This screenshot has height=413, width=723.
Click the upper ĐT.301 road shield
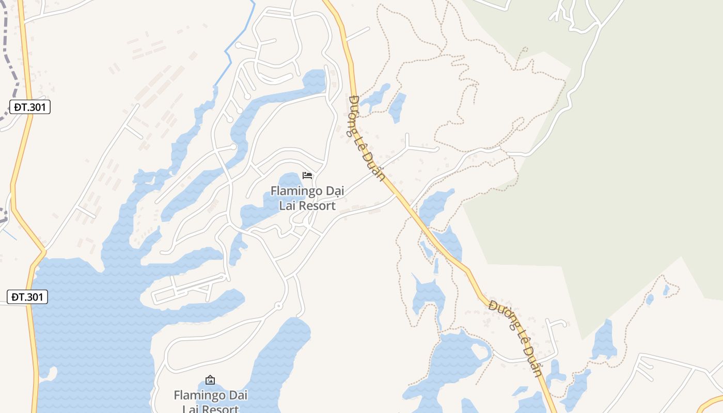pos(30,107)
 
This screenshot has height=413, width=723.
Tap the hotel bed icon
pos(308,176)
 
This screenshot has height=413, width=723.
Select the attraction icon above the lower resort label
pos(210,380)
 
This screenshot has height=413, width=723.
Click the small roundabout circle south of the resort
pos(278,306)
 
